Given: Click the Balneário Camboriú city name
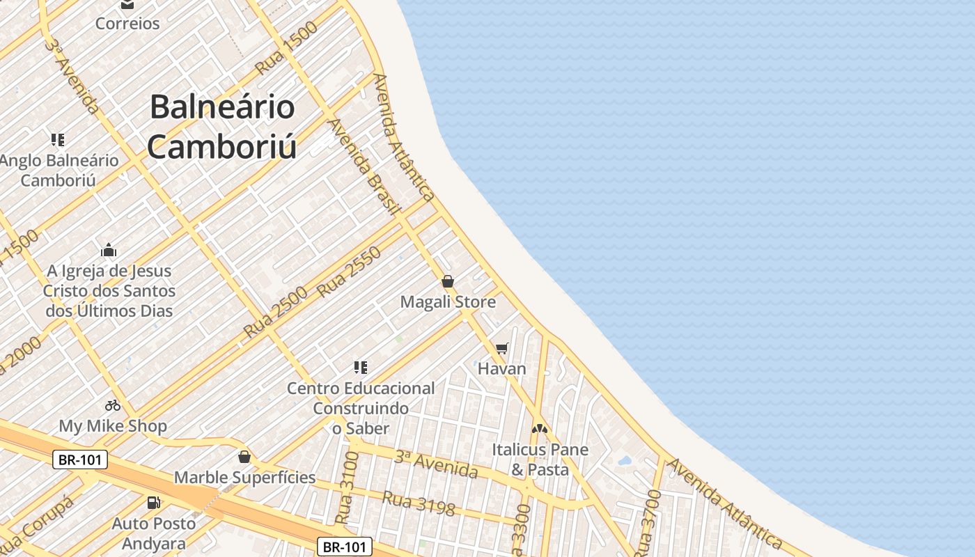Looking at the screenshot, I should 222,127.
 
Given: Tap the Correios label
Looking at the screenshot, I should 127,23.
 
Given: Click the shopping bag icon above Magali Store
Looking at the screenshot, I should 448,281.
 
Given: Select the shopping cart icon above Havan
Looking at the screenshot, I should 501,347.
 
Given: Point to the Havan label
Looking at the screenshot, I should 501,368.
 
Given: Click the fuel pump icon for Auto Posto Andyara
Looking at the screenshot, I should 153,502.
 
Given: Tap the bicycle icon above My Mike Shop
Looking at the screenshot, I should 113,405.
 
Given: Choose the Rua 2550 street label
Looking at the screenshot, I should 350,272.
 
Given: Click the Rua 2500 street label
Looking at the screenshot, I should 276,313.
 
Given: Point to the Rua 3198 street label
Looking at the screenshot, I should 419,503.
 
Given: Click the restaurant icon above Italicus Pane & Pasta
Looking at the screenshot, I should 540,429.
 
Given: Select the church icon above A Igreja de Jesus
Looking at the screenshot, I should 109,250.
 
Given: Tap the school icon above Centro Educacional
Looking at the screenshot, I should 360,367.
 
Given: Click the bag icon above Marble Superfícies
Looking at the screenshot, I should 244,457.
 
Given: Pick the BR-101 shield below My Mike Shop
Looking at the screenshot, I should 80,460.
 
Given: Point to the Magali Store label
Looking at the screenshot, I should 448,302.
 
